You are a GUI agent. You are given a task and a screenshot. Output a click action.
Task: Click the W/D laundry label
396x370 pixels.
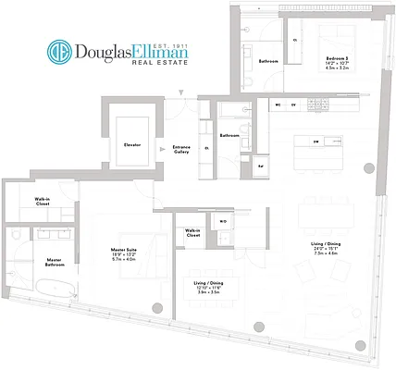point(223,222)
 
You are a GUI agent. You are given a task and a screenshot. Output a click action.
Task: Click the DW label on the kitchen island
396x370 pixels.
point(316,142)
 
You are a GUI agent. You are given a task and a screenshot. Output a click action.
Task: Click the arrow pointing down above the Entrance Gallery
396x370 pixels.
point(181,90)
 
